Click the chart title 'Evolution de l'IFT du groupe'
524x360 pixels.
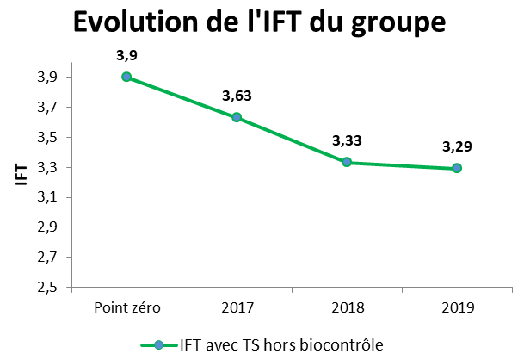point(259,22)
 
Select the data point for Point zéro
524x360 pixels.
point(126,77)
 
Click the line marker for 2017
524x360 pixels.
point(237,117)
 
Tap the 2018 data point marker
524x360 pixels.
point(347,162)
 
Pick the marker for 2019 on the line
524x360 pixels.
point(457,168)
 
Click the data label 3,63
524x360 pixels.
point(237,96)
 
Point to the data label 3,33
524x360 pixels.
point(347,141)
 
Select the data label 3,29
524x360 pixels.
point(457,146)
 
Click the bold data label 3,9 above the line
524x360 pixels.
point(126,56)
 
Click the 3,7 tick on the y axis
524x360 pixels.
point(49,108)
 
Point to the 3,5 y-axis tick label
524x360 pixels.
point(49,138)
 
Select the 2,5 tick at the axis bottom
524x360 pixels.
point(49,287)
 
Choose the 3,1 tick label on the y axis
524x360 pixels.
point(49,197)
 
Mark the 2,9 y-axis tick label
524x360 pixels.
point(49,227)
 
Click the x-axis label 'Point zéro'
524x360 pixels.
point(126,307)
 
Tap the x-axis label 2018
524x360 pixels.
point(347,307)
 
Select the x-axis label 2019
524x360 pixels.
point(457,307)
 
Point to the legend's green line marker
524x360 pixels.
point(158,344)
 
